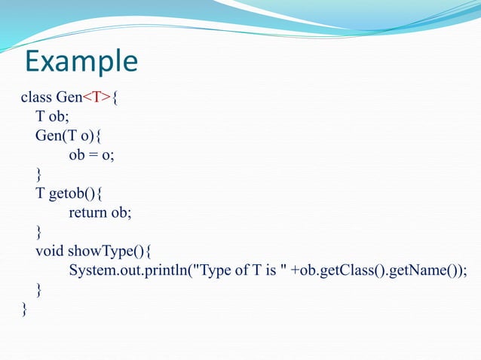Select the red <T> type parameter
(97, 97)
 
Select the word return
(88, 213)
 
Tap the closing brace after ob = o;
(39, 175)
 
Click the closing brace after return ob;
(39, 232)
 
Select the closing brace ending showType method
(39, 290)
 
